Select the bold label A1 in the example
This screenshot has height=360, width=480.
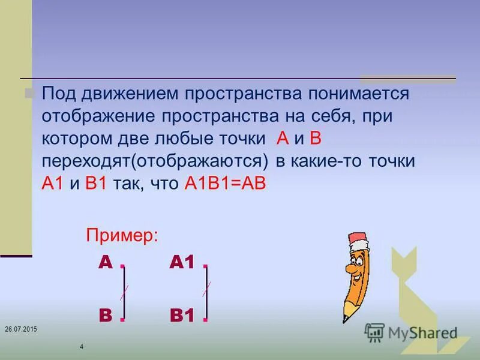[x=182, y=263]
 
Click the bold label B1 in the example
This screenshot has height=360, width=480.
[x=182, y=315]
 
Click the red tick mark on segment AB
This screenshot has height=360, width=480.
[x=123, y=293]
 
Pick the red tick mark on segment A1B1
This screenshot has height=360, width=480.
[x=206, y=289]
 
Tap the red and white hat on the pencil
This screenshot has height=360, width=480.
[x=358, y=244]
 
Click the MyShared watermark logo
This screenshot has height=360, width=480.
[x=411, y=332]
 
